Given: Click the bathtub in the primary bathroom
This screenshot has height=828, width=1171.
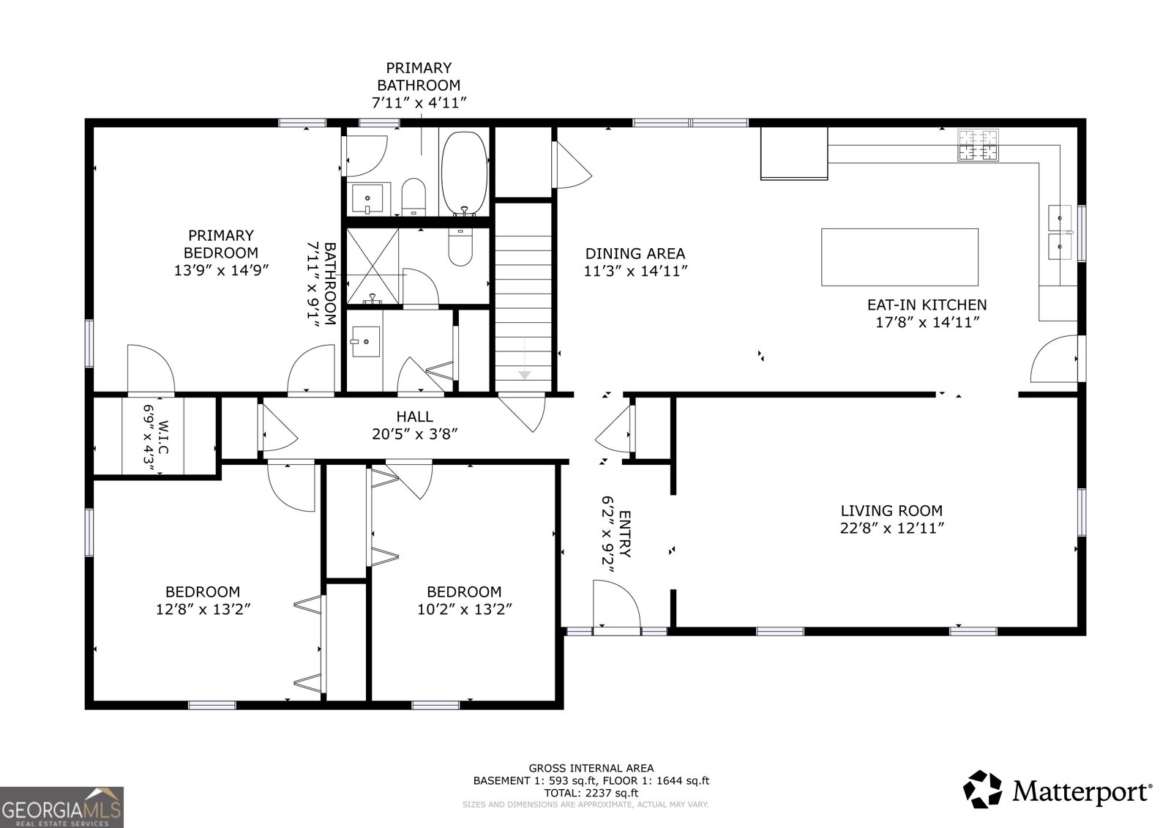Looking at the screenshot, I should point(464,174).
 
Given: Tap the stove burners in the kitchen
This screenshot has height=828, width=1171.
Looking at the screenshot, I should point(979,145).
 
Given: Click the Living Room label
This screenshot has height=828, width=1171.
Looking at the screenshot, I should point(891,511).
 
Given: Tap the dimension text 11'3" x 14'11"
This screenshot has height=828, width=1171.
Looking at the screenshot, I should point(635,271).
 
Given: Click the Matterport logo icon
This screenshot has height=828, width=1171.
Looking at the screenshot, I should point(981,789).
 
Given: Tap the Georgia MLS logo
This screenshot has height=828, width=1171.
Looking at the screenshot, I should point(61,807).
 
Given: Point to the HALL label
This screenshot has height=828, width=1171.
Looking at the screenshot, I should point(415,417).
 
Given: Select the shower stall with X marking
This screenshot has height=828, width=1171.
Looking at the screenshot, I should point(373,266).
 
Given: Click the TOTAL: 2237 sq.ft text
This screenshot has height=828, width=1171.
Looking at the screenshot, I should point(591,792).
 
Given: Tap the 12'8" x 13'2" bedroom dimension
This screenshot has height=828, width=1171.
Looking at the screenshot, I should point(203,609).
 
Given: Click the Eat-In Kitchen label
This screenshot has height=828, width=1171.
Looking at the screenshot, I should point(927,305).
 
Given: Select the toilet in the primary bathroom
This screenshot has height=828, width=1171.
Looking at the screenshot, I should point(414,196).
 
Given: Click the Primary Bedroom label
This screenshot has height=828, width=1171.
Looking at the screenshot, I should point(220,244).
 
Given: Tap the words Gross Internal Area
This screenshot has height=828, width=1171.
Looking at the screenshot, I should point(591,768).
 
